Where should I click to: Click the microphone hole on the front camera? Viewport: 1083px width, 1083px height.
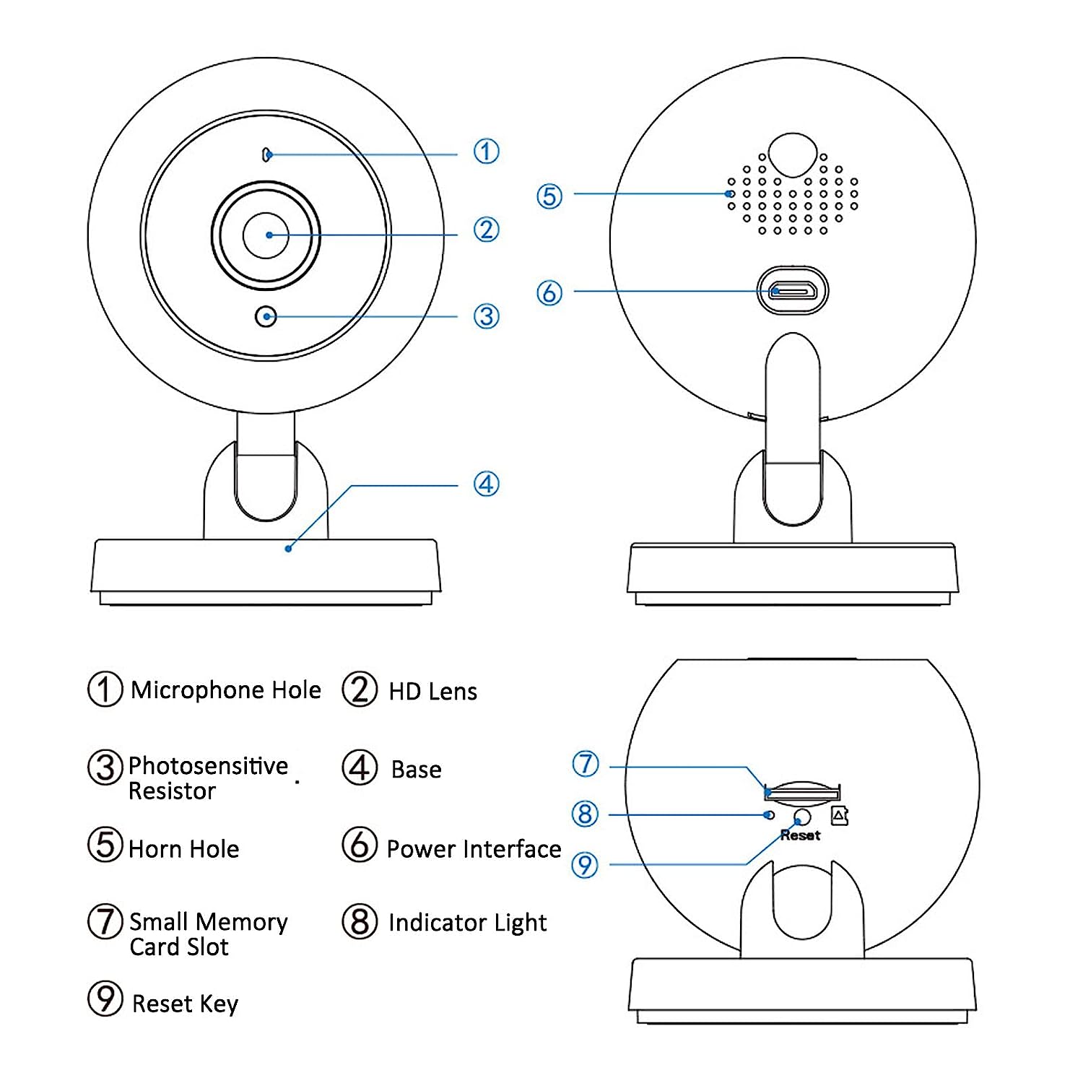pyautogui.click(x=266, y=155)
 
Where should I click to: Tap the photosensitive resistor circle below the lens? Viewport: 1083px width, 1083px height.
pyautogui.click(x=266, y=316)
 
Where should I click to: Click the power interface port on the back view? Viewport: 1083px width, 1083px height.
pyautogui.click(x=792, y=291)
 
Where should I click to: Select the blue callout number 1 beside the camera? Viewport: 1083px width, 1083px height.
pyautogui.click(x=486, y=152)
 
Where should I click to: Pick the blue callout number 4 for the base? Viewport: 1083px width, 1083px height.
pyautogui.click(x=486, y=484)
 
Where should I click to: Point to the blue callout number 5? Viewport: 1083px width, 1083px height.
pyautogui.click(x=549, y=196)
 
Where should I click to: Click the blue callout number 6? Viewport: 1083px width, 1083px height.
pyautogui.click(x=549, y=292)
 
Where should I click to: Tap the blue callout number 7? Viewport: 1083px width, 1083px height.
pyautogui.click(x=586, y=764)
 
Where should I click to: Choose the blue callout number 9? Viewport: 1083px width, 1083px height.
pyautogui.click(x=585, y=865)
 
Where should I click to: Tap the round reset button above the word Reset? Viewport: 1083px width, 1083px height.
pyautogui.click(x=801, y=817)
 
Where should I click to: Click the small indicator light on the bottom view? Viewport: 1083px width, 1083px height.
pyautogui.click(x=770, y=814)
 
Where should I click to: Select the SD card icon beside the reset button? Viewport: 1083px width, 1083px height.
pyautogui.click(x=839, y=816)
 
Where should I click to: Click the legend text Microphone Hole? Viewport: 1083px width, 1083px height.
pyautogui.click(x=225, y=690)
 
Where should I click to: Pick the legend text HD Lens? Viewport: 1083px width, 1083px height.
pyautogui.click(x=432, y=692)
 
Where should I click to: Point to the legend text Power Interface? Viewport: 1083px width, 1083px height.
pyautogui.click(x=474, y=849)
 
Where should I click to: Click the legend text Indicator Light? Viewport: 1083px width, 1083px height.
pyautogui.click(x=467, y=923)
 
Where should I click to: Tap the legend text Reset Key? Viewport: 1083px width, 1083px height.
pyautogui.click(x=185, y=1004)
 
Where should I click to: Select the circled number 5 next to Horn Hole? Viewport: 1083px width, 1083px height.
pyautogui.click(x=105, y=845)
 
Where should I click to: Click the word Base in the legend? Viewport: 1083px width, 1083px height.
pyautogui.click(x=416, y=770)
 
